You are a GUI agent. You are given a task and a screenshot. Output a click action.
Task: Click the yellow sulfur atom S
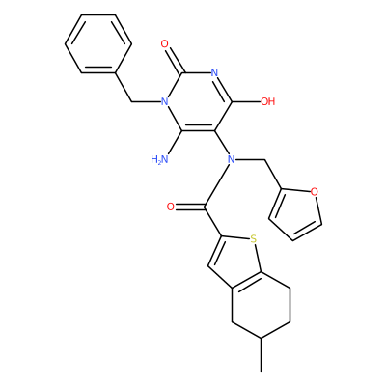point(253,239)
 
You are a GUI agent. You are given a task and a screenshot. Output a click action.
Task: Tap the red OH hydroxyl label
point(267,102)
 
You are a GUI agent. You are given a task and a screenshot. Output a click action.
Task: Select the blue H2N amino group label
point(159,159)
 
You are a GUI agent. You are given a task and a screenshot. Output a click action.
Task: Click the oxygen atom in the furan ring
point(315,192)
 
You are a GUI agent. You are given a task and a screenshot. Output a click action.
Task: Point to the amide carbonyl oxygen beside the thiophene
point(171,207)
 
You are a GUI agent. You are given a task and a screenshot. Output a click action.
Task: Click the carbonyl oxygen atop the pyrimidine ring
point(165,43)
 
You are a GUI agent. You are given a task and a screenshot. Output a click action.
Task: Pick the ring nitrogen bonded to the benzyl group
point(165,102)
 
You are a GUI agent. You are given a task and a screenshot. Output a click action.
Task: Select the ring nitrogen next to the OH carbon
point(214,72)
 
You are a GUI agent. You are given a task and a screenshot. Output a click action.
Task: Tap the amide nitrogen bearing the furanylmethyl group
point(231,159)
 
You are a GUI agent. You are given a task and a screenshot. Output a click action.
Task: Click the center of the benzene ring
point(98,43)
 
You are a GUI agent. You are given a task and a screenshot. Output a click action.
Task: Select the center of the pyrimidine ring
point(198,102)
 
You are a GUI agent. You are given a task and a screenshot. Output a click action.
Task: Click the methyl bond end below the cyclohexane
point(262,372)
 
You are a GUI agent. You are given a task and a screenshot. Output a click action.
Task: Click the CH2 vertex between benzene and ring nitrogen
point(131,102)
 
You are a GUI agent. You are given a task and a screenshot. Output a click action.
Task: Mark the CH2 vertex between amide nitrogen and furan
point(264,159)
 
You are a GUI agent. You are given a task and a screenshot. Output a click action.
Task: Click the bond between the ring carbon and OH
point(246,102)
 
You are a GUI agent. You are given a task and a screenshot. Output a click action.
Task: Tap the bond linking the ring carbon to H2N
point(175,143)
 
